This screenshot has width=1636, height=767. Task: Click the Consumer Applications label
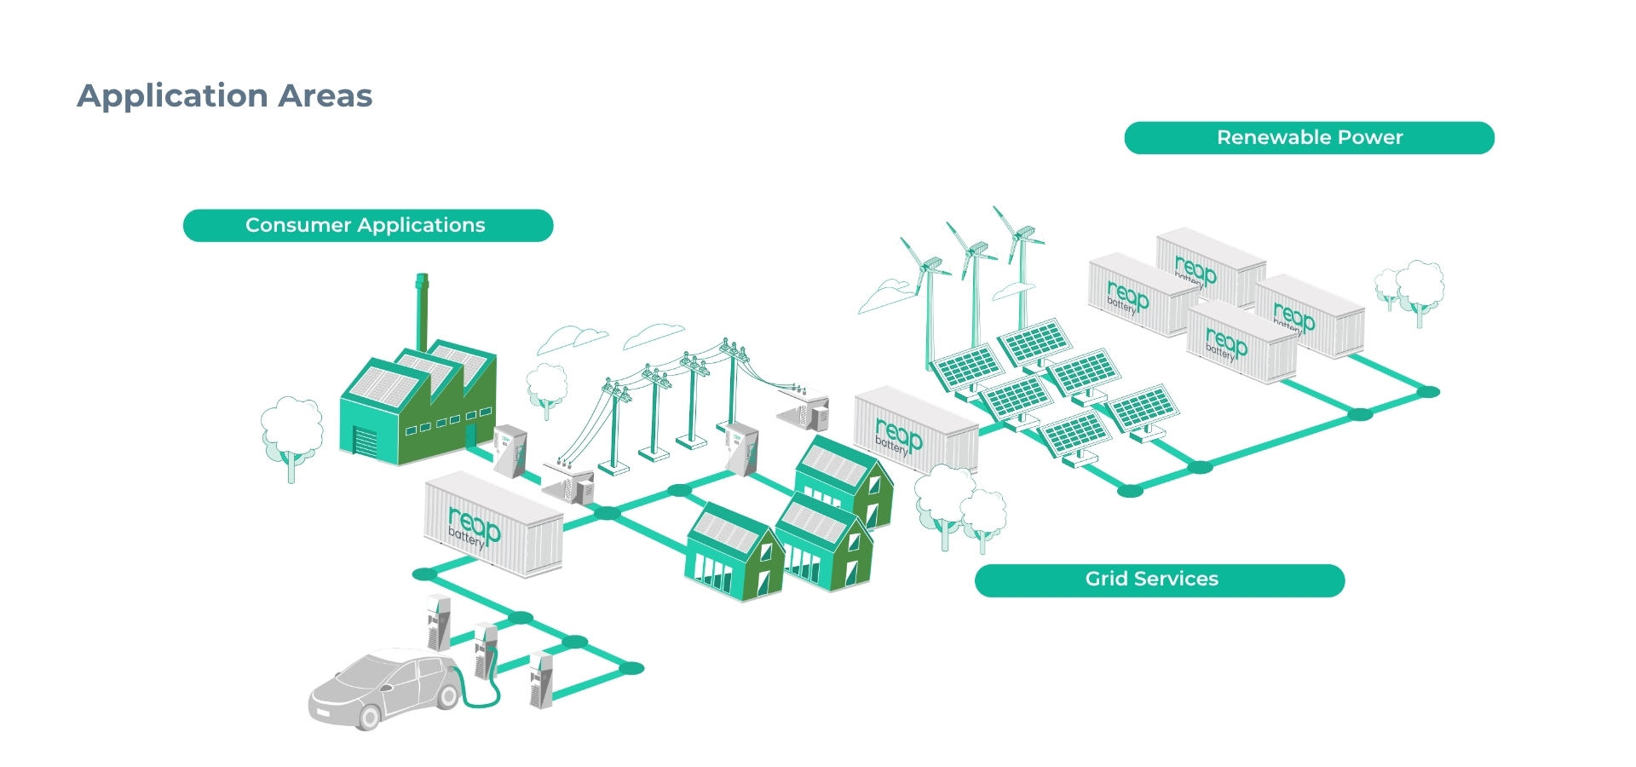pyautogui.click(x=368, y=225)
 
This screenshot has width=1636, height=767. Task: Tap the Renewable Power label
pyautogui.click(x=1310, y=137)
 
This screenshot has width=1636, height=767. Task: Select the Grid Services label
pyautogui.click(x=1160, y=580)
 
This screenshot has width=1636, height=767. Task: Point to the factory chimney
pyautogui.click(x=422, y=311)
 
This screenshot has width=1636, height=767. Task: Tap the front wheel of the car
pyautogui.click(x=367, y=717)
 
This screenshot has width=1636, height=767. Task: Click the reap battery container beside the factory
pyautogui.click(x=493, y=523)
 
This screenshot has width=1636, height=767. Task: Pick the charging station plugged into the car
pyautogui.click(x=486, y=650)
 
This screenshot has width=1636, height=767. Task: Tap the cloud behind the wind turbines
pyautogui.click(x=886, y=295)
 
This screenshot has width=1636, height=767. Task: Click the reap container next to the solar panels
pyautogui.click(x=916, y=430)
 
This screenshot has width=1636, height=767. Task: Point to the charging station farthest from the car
pyautogui.click(x=439, y=621)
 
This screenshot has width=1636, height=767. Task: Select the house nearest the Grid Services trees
pyautogui.click(x=844, y=482)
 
